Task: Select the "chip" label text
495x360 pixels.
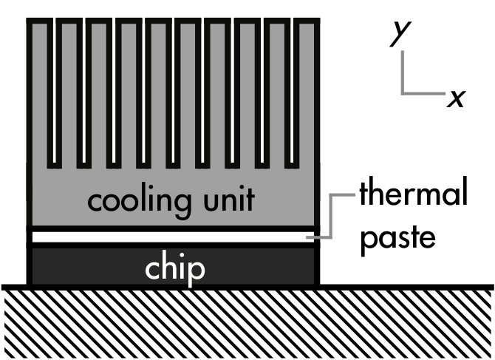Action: click(x=174, y=269)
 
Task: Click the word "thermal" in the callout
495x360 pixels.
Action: click(x=414, y=196)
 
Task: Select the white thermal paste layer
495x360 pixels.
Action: click(x=111, y=237)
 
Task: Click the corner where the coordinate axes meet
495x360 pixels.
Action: click(x=403, y=93)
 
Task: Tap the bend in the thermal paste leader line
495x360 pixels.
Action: click(x=332, y=196)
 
